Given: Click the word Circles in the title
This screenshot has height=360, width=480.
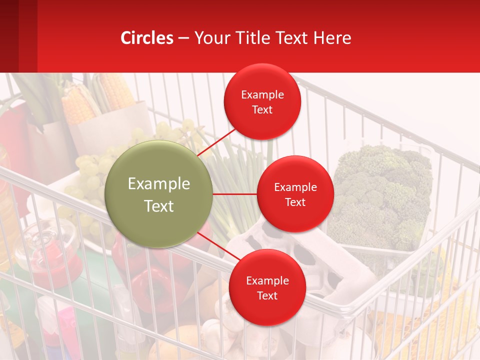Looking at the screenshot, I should point(147,38).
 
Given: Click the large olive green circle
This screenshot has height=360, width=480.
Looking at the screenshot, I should point(158,194).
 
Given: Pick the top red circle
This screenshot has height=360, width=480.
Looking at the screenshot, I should point(262,102).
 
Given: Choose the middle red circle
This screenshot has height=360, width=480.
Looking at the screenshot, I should point(295,194).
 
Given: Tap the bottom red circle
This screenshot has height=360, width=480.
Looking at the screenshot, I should point(267,287).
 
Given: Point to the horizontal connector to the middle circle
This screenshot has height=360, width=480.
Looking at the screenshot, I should point(234,194).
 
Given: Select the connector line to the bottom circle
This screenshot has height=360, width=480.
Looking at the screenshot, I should point(218,246).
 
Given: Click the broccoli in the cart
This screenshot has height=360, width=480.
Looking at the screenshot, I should point(382,195).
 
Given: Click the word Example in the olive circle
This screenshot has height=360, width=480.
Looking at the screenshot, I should point(159,184).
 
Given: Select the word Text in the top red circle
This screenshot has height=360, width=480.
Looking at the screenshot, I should point(262,109).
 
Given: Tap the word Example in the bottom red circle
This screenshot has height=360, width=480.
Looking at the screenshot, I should point(267,280).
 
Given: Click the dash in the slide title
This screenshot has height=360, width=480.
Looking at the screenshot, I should point(183,38).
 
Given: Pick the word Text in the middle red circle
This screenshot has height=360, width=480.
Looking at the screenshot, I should point(295,202).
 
